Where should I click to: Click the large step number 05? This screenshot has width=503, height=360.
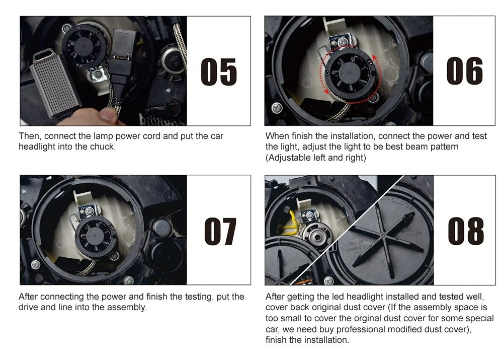[x=219, y=71]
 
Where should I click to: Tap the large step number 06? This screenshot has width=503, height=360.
[x=464, y=71]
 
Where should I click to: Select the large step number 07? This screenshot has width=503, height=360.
[x=220, y=231]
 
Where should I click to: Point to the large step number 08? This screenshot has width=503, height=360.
[x=466, y=231]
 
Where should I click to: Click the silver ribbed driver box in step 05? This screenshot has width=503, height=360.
[x=55, y=84]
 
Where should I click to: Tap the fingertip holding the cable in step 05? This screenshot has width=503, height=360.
[x=109, y=114]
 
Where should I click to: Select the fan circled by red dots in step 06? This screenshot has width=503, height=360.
[x=350, y=73]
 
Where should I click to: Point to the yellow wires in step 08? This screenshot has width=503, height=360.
[x=289, y=223]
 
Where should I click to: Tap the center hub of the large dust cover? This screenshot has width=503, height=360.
[x=383, y=236]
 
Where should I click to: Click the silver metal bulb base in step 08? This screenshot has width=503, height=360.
[x=316, y=237]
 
